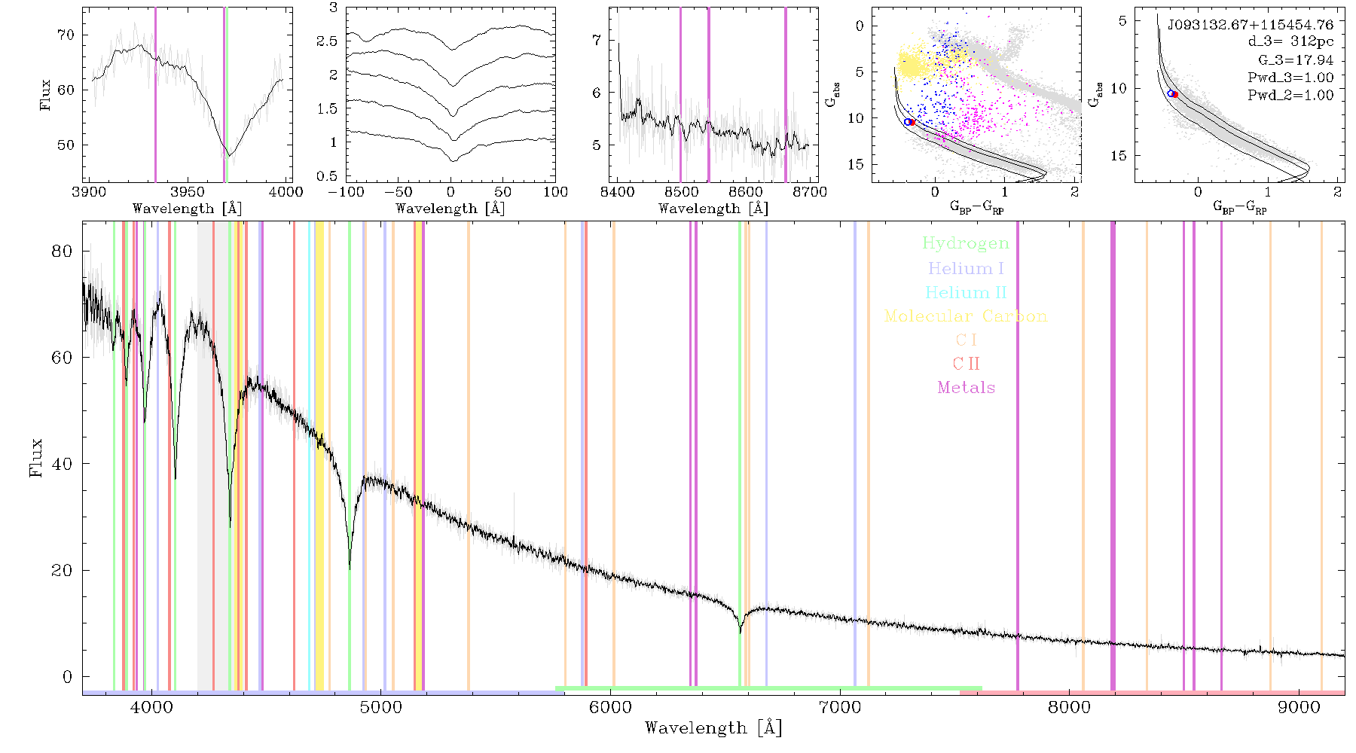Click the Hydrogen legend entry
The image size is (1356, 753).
pos(965,244)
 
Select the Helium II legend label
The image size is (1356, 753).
pos(966,292)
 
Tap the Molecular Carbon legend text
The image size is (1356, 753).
pos(966,316)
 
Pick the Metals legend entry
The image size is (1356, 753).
pos(966,388)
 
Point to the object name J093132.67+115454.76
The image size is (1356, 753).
pos(1250,25)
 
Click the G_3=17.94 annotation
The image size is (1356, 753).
pos(1296,60)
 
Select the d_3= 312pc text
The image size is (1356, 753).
pos(1290,42)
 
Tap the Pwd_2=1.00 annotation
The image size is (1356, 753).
pos(1290,96)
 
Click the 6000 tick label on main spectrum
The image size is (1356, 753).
pos(610,708)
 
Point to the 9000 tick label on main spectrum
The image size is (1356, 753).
pos(1299,708)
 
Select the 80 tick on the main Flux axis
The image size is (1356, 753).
pos(62,252)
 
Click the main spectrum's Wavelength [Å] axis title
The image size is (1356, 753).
pos(713,728)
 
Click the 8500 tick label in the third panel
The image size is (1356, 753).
pos(681,192)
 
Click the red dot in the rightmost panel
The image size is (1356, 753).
pos(1174,94)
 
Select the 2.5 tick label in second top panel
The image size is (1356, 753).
pos(327,41)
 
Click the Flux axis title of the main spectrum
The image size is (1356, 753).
pos(35,458)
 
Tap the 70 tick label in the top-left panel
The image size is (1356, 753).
pos(66,35)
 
